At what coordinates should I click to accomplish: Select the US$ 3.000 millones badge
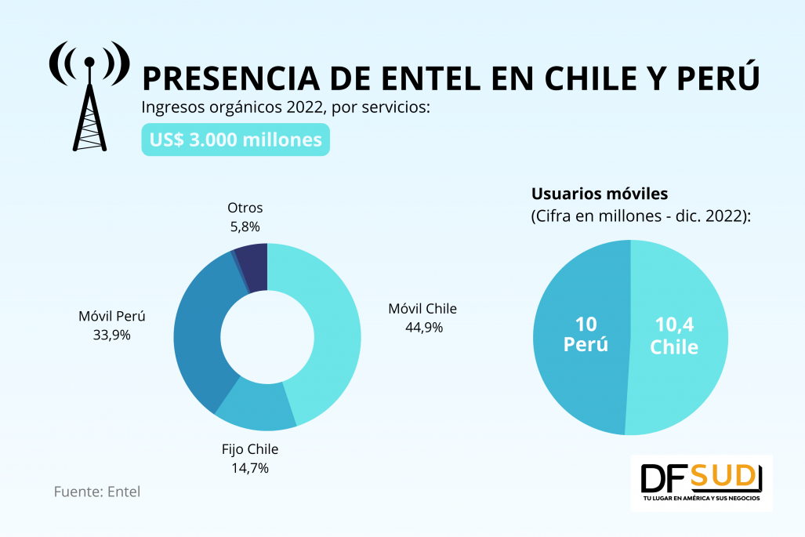pos(235,140)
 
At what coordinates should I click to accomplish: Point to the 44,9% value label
pos(422,327)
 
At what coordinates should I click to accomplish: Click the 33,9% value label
pos(111,335)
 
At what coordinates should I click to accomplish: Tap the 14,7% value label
pos(250,468)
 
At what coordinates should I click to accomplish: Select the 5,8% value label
pos(244,227)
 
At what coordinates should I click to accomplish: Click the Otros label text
pos(245,209)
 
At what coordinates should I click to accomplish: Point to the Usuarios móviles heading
pos(600,194)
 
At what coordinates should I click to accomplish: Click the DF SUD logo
pos(701,481)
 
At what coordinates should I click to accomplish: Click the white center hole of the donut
pos(267,337)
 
